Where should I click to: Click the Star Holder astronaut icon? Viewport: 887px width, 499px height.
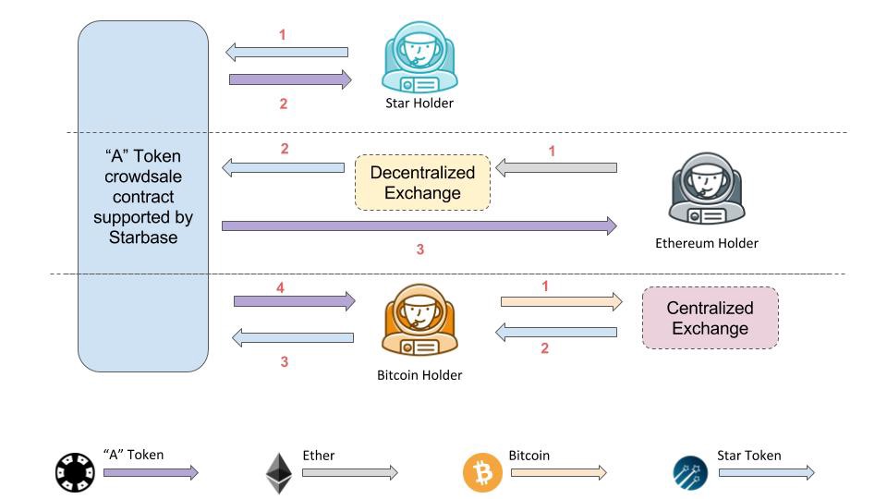[x=419, y=57]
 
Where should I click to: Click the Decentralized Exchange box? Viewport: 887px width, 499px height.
[x=422, y=182]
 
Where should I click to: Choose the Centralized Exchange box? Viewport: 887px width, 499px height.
[x=710, y=318]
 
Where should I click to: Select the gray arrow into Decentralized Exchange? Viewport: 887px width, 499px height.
[x=555, y=168]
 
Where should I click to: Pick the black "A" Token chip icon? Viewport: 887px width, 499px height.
[x=75, y=473]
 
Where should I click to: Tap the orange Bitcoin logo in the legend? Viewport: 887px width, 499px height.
[x=482, y=473]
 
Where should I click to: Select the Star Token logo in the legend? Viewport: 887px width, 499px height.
[x=690, y=473]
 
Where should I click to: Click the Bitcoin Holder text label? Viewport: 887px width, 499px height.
[x=419, y=375]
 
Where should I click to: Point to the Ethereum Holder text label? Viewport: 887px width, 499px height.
[x=706, y=243]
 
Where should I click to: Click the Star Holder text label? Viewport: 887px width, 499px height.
[x=419, y=103]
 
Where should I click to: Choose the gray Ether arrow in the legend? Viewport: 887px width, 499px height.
[x=349, y=473]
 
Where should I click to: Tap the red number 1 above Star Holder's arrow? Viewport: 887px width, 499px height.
[x=283, y=35]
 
